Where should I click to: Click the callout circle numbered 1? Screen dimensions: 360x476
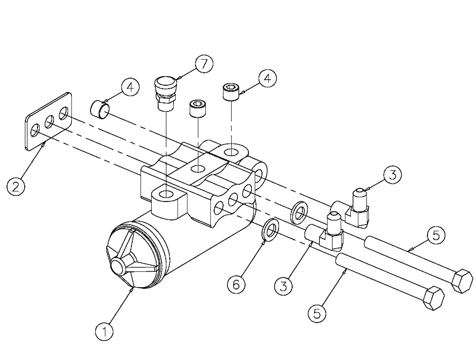pos(106,329)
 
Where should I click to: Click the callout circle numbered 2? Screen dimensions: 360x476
pos(16,186)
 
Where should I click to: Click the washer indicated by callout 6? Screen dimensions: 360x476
pos(270,229)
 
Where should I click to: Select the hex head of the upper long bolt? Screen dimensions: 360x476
pos(461,281)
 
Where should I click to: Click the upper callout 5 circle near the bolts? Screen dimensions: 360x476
pos(436,236)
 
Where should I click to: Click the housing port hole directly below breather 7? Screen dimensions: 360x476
pos(166,194)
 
